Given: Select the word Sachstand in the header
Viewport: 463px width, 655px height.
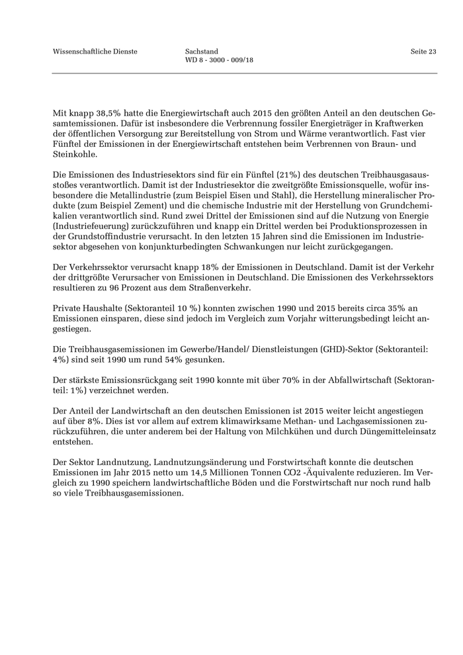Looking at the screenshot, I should tap(202, 51).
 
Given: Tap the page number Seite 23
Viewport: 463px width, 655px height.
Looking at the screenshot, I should tap(423, 51).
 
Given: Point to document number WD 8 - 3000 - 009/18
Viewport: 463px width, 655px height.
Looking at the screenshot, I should tap(220, 60).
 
